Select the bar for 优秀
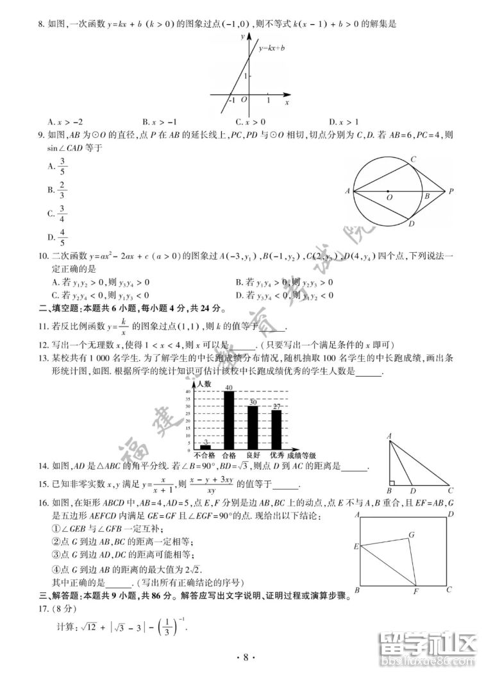click(x=276, y=428)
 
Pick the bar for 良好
click(x=253, y=426)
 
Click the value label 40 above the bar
click(x=228, y=388)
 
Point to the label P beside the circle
click(x=451, y=191)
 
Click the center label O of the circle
click(x=389, y=198)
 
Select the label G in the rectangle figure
click(x=411, y=534)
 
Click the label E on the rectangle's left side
click(x=355, y=547)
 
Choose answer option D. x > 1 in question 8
click(x=344, y=122)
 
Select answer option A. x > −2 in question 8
click(x=65, y=122)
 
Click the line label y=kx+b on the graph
click(x=272, y=48)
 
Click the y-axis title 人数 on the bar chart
click(x=204, y=383)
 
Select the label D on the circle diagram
click(x=411, y=224)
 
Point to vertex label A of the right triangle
click(x=389, y=436)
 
